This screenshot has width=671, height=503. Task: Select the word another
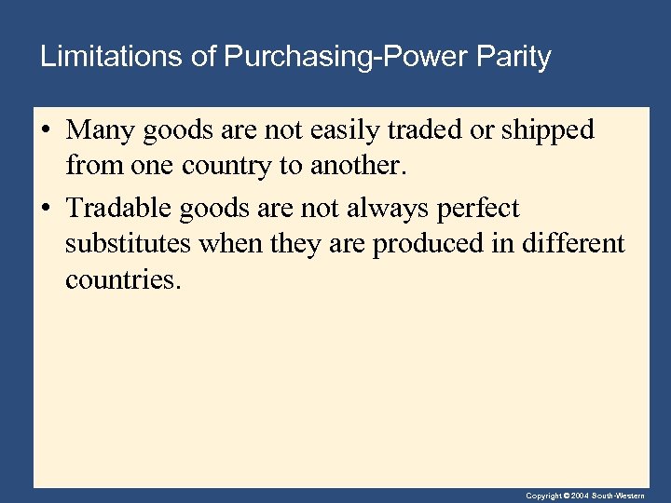pyautogui.click(x=362, y=166)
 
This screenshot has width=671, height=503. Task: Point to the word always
pyautogui.click(x=390, y=209)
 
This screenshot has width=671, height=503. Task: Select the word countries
pyautogui.click(x=119, y=279)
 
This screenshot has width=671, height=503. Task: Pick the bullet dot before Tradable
pyautogui.click(x=46, y=209)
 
